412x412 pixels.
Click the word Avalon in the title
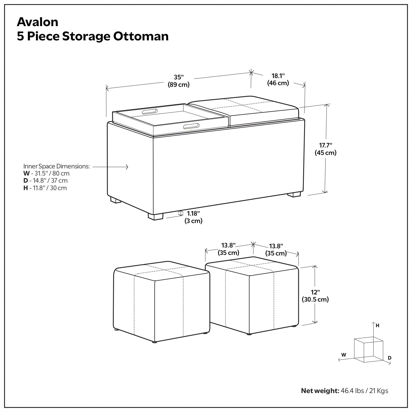(38, 22)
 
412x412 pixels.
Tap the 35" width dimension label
(179, 81)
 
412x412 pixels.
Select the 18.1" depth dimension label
(278, 79)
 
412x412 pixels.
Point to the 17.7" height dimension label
(325, 149)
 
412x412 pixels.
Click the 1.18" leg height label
(193, 217)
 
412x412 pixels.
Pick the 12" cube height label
(315, 296)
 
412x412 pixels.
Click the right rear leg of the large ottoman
(294, 194)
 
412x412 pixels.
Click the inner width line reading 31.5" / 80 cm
(46, 174)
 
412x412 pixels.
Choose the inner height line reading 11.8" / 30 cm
(45, 188)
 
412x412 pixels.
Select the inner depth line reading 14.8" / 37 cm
(45, 181)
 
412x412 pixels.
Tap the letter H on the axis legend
(378, 325)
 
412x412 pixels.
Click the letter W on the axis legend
(344, 355)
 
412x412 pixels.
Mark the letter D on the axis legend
(389, 358)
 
